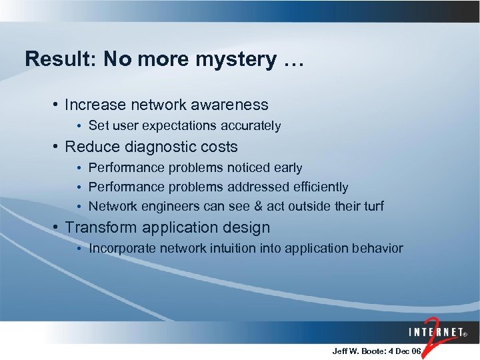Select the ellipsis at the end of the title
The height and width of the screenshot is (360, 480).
pos(293,61)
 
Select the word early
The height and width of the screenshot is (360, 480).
pos(287,167)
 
